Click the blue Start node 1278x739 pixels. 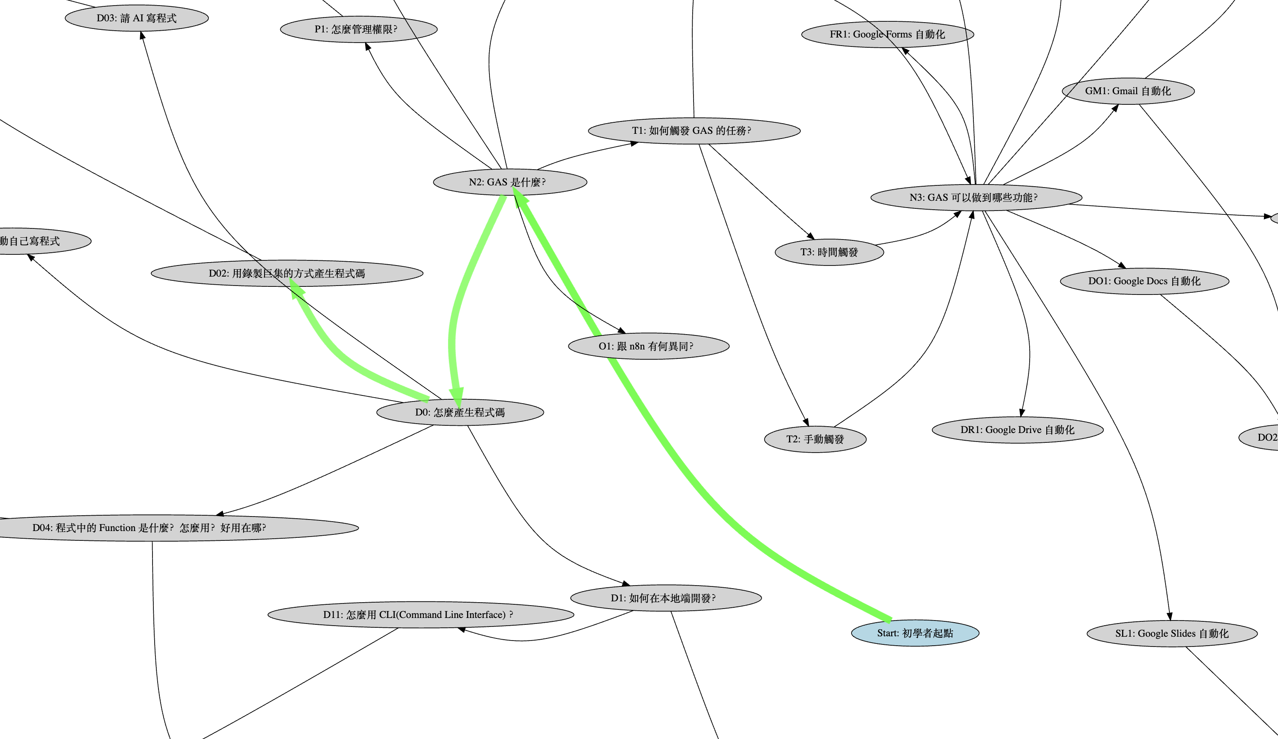[915, 633]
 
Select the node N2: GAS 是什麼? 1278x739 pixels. [509, 182]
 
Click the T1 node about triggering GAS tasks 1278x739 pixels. [694, 131]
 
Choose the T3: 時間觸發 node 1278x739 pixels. [829, 252]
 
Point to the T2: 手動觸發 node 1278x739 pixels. [815, 439]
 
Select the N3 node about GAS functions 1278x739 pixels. [976, 197]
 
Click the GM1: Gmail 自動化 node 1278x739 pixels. [1128, 91]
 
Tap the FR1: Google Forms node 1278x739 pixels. [887, 35]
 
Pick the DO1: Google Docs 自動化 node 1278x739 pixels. [1144, 281]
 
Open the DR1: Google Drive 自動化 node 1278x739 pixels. [1017, 430]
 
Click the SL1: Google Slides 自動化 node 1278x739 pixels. [1171, 633]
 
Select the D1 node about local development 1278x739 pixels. [665, 598]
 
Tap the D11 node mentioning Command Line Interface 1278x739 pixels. [420, 615]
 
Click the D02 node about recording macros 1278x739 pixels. [287, 273]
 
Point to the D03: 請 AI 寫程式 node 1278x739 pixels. [136, 18]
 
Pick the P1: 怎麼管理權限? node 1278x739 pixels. [359, 29]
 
